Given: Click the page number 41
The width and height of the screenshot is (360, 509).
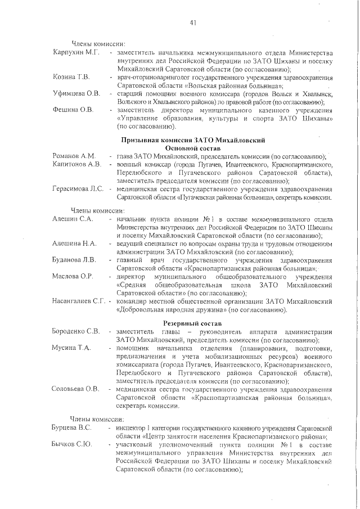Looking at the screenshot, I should click(192, 22).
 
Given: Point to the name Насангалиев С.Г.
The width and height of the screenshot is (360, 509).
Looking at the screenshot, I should click(79, 301).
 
